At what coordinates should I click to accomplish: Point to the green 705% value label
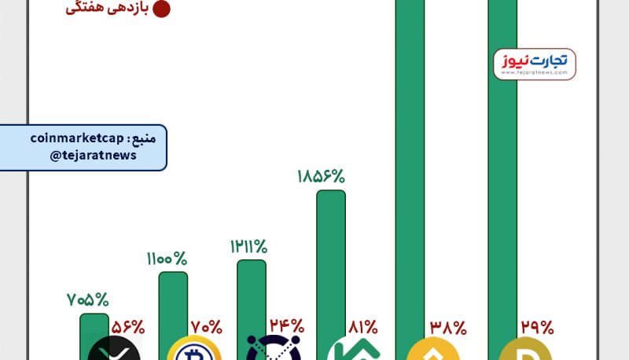pos(87,299)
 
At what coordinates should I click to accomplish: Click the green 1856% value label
pos(321,176)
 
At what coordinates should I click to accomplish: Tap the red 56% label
pos(127,326)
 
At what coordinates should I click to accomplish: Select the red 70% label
pos(206,326)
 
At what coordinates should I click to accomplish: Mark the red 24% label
pos(286,325)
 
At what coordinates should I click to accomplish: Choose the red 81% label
pos(362,326)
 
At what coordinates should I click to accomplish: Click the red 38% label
pos(448,326)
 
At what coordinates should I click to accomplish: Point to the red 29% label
pos(537,326)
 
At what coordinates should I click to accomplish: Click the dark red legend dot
pos(161,9)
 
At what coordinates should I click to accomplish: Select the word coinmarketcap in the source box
pos(77,138)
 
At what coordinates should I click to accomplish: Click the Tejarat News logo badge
pos(535,64)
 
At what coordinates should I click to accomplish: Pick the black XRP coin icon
pos(114,349)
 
